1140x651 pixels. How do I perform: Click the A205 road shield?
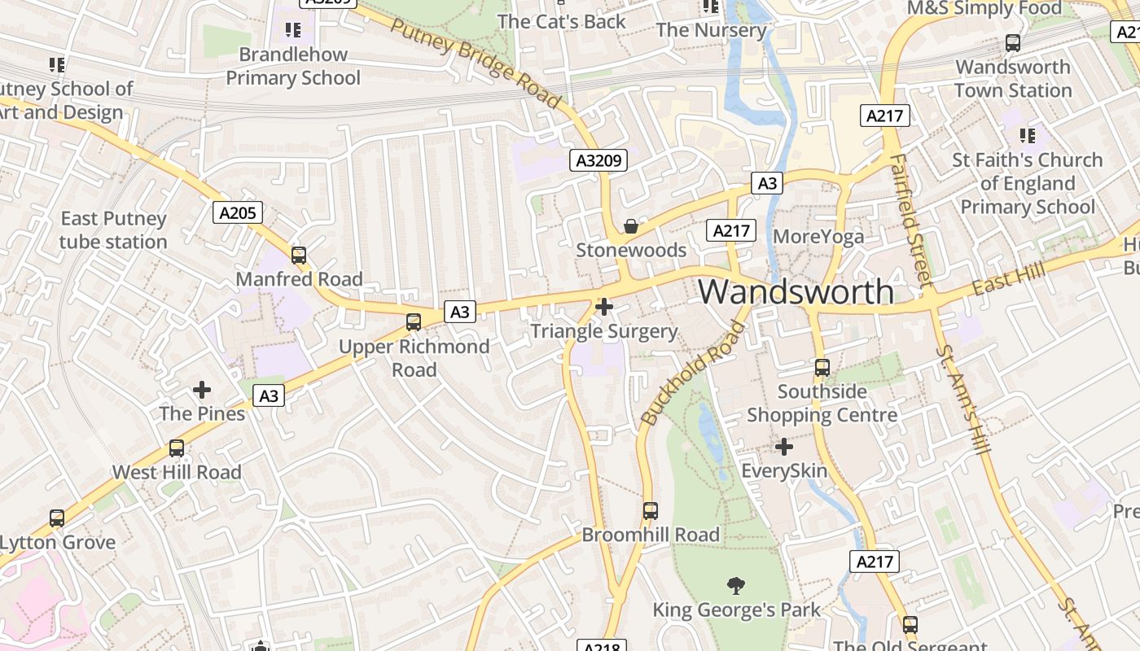coord(239,213)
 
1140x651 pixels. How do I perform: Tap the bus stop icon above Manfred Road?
coord(299,256)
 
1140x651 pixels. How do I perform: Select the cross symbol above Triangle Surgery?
coord(604,307)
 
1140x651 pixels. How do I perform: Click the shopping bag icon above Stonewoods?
coord(630,226)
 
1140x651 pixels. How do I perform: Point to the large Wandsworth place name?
coord(796,291)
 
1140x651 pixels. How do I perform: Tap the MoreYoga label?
coord(818,237)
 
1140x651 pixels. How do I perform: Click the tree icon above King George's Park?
coord(736,585)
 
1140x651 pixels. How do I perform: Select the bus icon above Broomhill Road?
coord(650,511)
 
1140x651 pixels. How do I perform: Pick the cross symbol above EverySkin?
coord(784,447)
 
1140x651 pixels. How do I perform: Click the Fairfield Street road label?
coord(910,220)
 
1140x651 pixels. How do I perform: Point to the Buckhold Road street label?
coord(693,374)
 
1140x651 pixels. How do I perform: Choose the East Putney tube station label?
coord(113,230)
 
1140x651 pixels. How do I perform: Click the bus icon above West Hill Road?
coord(177,448)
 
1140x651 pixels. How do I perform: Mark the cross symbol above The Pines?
coord(202,390)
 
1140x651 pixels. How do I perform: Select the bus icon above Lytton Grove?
coord(57,518)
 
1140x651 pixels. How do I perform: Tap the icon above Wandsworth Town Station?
coord(1013,43)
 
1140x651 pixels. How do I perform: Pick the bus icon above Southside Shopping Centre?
coord(822,368)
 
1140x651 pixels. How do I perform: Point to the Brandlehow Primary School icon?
coord(293,31)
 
